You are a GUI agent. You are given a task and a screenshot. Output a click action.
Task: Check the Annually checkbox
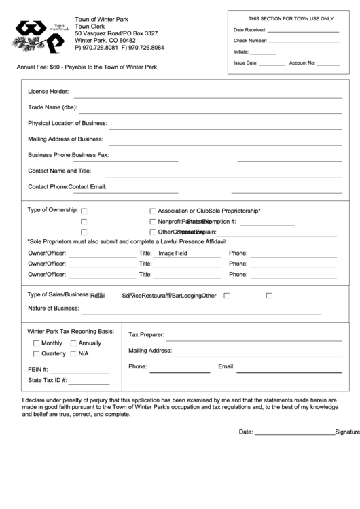click(73, 343)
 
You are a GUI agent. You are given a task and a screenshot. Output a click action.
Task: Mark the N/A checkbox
click(73, 354)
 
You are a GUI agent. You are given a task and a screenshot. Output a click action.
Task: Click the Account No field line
click(328, 64)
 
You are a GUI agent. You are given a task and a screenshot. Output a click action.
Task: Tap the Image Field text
click(173, 253)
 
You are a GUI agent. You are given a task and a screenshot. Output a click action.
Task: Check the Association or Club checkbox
click(153, 211)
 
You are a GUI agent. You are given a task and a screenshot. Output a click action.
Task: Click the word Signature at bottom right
click(347, 432)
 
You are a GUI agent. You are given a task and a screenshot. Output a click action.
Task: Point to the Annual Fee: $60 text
click(44, 67)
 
